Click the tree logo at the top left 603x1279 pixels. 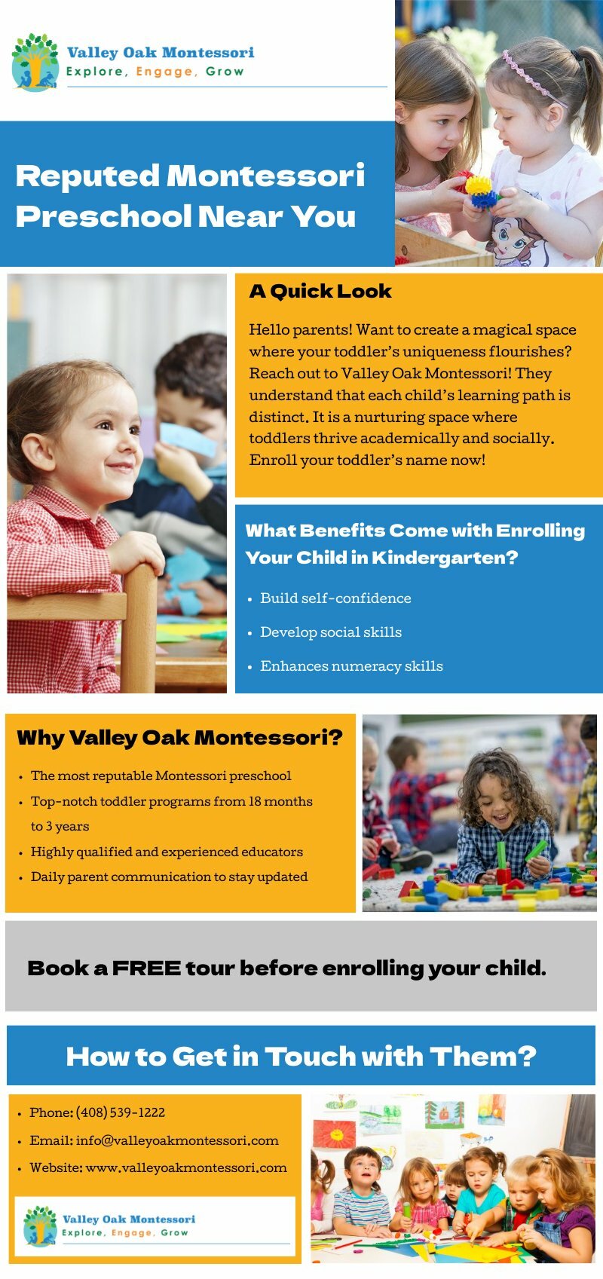coord(35,62)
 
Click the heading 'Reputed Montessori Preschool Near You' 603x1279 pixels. coord(190,196)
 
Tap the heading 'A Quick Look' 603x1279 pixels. coord(320,292)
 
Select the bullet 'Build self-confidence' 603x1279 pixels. coord(335,598)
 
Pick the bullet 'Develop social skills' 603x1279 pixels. coord(331,632)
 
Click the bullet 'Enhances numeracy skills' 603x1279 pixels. coord(351,666)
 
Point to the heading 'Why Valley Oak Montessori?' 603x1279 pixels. coord(179,738)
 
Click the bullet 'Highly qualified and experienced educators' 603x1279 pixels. coord(167,852)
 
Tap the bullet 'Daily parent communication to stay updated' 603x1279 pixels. coord(169,877)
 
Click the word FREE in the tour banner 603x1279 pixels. coord(146,968)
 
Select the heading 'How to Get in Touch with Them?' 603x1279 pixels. coord(301,1057)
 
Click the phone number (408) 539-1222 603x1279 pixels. coord(121,1112)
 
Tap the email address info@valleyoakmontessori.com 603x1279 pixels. coord(177,1140)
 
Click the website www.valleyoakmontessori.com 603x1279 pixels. coord(186,1168)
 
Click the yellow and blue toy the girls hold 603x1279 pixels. coord(480,191)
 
